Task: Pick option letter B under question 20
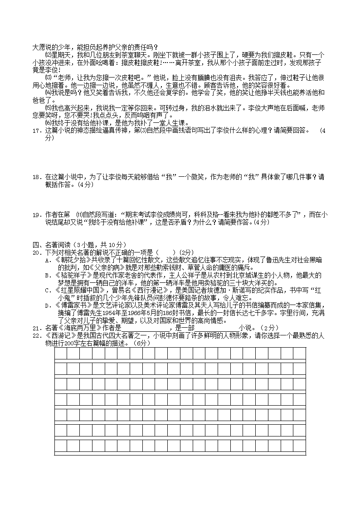coord(47,275)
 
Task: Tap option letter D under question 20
coord(47,305)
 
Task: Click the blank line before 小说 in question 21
coord(216,328)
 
